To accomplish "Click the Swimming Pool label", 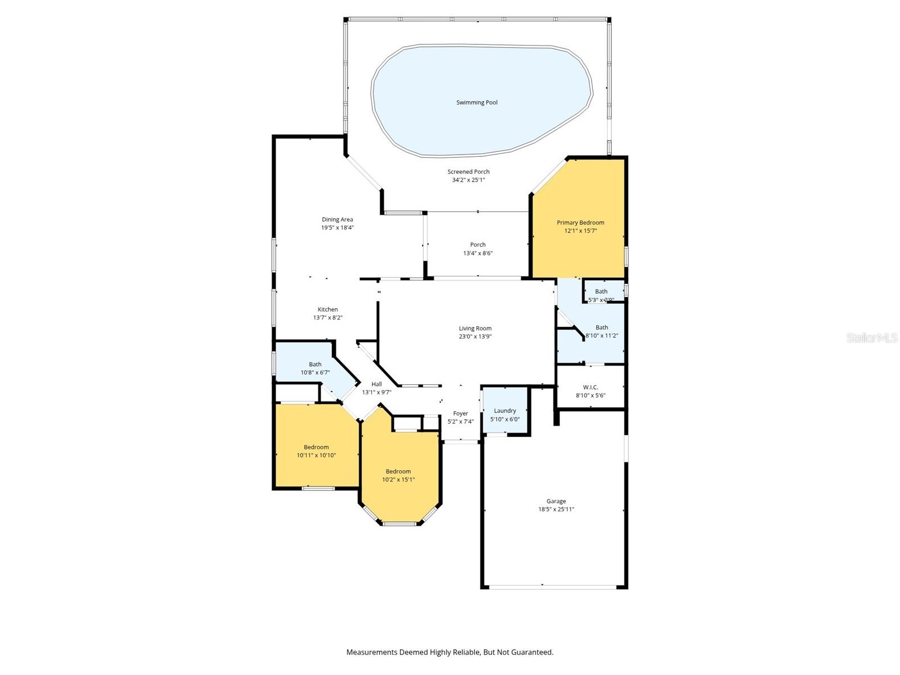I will click(476, 102).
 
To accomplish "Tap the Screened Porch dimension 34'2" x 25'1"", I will click(468, 180).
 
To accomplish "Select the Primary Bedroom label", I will click(580, 223).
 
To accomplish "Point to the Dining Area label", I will click(337, 219).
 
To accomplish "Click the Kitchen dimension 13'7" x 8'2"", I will click(327, 318).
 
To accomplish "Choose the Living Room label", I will click(475, 328).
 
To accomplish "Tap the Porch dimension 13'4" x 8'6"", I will click(478, 253).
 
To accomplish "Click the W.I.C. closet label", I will click(590, 388).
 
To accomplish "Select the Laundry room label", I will click(505, 411).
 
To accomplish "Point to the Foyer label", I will click(460, 413).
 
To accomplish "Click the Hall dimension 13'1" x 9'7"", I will click(376, 393).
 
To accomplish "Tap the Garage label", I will click(556, 501).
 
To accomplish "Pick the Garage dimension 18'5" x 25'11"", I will click(556, 510).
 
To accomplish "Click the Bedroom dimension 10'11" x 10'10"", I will click(316, 456).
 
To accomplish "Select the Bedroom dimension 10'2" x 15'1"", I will click(398, 480).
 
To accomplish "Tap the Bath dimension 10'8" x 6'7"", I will click(315, 372).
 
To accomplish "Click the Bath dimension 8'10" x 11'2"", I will click(602, 336).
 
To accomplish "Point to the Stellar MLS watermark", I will click(871, 337).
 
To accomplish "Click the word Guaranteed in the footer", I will click(532, 652).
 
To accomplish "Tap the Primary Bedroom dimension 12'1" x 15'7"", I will click(580, 231).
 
